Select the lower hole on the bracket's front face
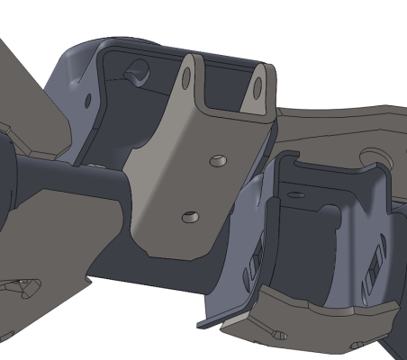click(189, 217)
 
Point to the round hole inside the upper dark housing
click(137, 67)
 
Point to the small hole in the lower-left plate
click(23, 286)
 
